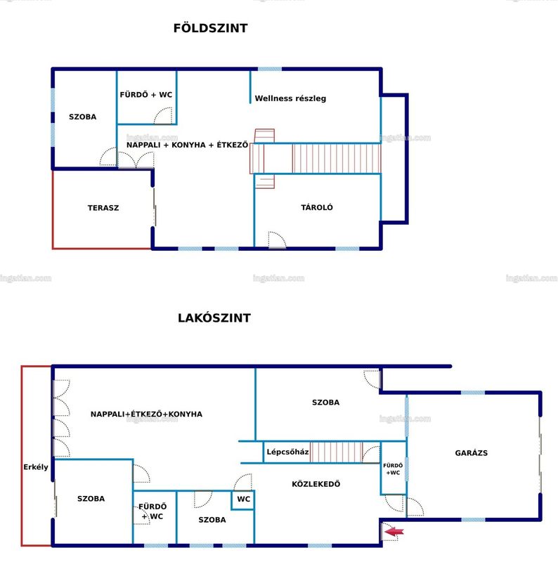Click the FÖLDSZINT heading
[x=211, y=28]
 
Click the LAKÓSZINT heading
[x=214, y=318]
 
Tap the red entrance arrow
[x=394, y=532]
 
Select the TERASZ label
[x=103, y=208]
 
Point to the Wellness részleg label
[x=290, y=98]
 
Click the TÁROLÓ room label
[x=317, y=207]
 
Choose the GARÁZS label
[x=472, y=452]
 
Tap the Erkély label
[x=36, y=467]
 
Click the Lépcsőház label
[x=287, y=452]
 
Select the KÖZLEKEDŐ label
[x=316, y=484]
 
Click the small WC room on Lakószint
[x=243, y=500]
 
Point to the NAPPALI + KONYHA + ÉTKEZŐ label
[x=187, y=145]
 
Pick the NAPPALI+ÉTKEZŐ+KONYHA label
[x=146, y=414]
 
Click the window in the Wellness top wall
[x=270, y=69]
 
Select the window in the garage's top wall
[x=473, y=393]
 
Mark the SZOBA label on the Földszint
[x=82, y=117]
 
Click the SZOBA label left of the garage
[x=325, y=402]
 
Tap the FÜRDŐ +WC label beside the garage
[x=393, y=469]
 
